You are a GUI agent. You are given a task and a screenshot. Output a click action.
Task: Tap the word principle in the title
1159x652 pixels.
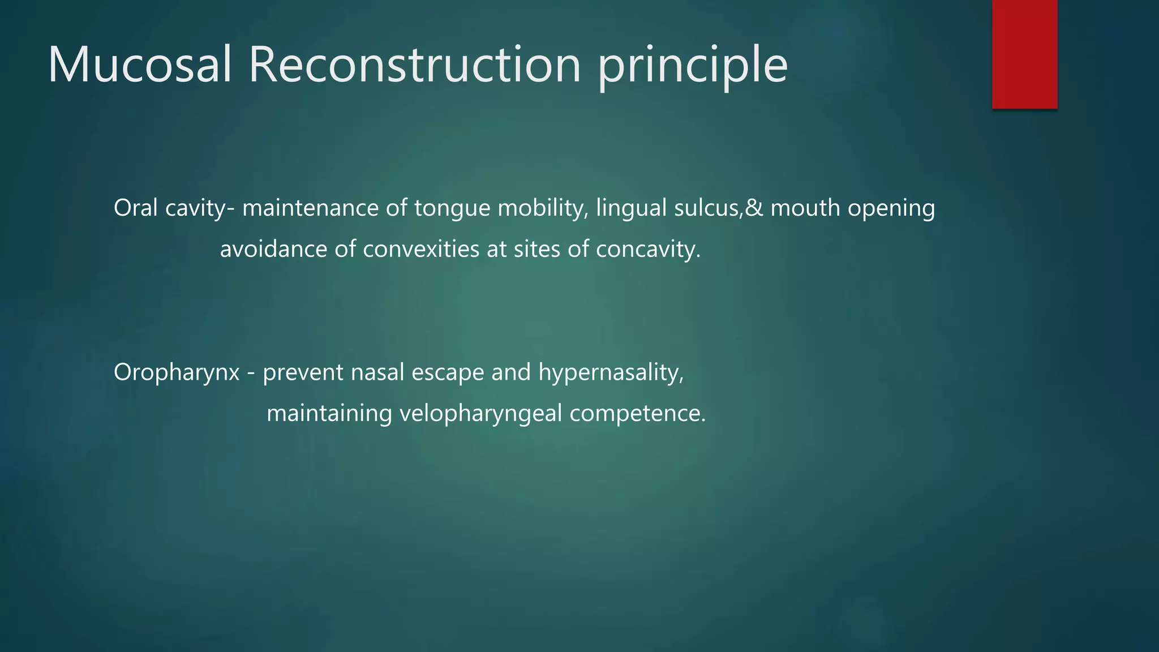tap(692, 67)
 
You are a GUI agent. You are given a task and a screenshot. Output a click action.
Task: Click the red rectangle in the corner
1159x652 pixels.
tap(1024, 54)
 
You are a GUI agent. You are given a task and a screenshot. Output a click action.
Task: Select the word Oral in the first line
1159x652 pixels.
tap(135, 208)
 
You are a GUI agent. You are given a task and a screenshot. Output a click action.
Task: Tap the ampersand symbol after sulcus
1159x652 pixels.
tap(754, 208)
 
